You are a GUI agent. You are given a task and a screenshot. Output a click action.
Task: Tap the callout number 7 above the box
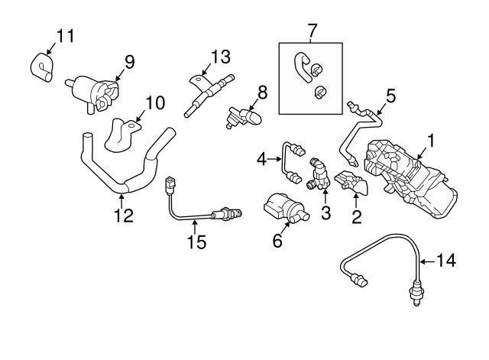(312, 31)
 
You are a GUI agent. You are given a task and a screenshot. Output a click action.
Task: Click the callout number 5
(390, 96)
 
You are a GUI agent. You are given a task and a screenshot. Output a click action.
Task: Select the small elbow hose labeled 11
(40, 66)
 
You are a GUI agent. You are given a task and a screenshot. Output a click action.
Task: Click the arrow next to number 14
(427, 261)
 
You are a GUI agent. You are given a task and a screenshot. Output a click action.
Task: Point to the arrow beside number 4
(272, 160)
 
